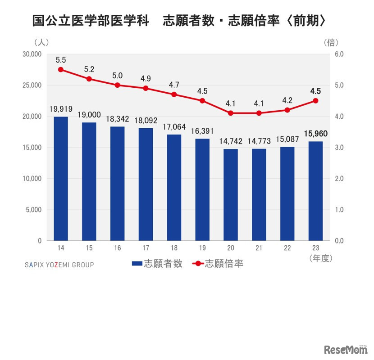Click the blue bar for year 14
tap(61, 178)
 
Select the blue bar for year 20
tap(231, 194)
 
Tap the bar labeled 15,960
tap(315, 191)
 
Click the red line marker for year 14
tap(61, 70)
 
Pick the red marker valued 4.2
tap(287, 110)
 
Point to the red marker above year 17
tap(146, 88)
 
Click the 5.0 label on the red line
tap(117, 76)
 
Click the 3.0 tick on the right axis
tap(339, 148)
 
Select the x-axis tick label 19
tap(202, 248)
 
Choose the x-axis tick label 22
tap(287, 248)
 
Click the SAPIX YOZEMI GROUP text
tap(59, 265)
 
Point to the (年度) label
tap(321, 258)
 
